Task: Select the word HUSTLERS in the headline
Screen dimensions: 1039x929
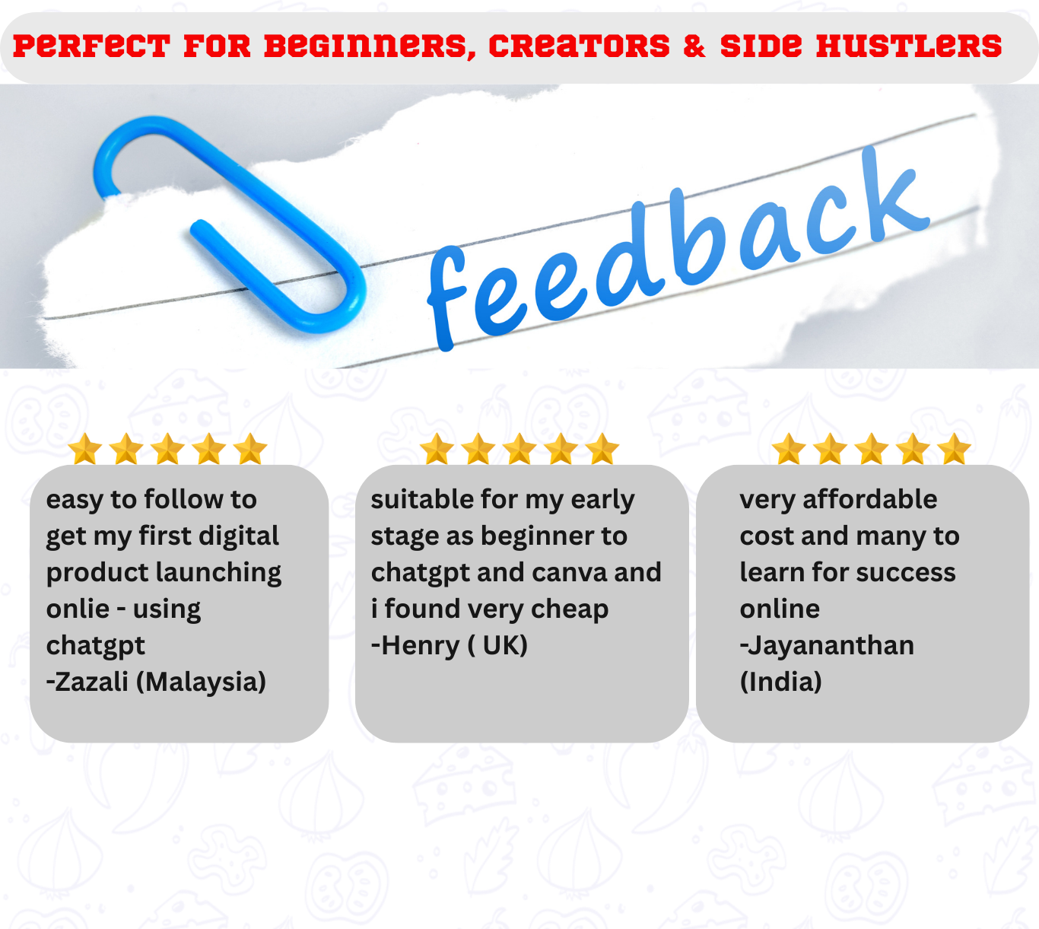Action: (908, 46)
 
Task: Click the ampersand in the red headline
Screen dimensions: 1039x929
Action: (694, 46)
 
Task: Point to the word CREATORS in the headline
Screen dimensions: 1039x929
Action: (580, 46)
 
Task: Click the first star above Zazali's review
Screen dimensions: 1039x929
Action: (85, 448)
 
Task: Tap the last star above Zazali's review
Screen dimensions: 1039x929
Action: (250, 448)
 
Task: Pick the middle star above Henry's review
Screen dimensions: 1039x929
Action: (519, 448)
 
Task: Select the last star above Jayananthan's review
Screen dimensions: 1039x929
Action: (954, 448)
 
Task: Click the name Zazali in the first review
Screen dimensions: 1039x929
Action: (91, 682)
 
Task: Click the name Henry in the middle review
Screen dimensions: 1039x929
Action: (420, 646)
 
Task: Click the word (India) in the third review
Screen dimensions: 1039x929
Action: (780, 682)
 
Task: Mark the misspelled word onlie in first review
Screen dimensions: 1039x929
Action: (78, 609)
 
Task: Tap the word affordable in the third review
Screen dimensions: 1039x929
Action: (870, 499)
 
